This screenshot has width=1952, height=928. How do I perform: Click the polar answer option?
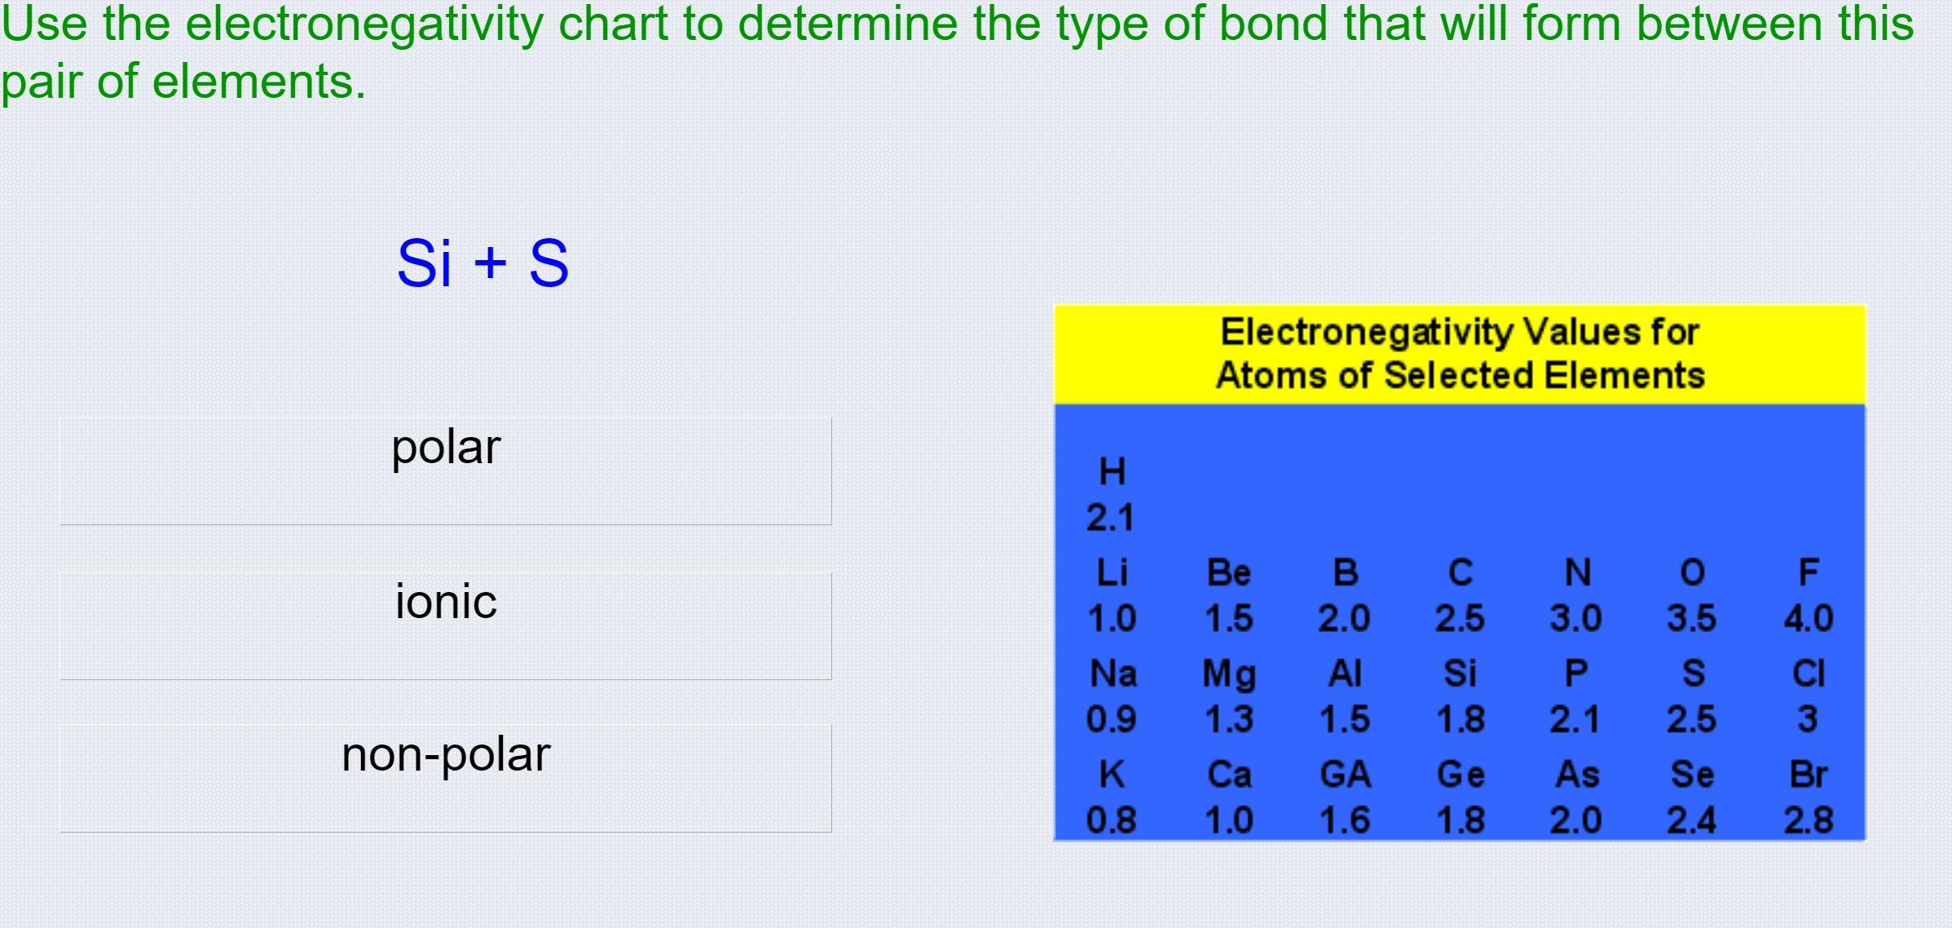tap(445, 471)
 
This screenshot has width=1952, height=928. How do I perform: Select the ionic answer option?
tap(445, 625)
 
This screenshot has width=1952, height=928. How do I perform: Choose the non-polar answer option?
tap(445, 778)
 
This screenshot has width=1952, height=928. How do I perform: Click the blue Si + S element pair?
tap(482, 263)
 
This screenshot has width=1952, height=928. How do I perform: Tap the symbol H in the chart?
tap(1113, 471)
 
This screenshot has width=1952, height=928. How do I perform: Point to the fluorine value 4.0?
tap(1808, 618)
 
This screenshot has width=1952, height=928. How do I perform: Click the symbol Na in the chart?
tap(1113, 674)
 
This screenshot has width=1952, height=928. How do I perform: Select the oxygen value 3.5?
tap(1691, 618)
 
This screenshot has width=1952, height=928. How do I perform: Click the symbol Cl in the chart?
tap(1808, 674)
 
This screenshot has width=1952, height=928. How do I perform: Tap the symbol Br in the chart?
tap(1808, 774)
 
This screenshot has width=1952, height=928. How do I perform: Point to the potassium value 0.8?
tap(1112, 820)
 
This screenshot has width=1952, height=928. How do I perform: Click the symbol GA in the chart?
tap(1345, 774)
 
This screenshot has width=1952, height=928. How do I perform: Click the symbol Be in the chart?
tap(1228, 572)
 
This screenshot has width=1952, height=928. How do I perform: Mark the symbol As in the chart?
tap(1576, 774)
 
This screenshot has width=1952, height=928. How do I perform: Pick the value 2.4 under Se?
tap(1691, 820)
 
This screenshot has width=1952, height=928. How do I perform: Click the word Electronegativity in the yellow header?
tap(1366, 333)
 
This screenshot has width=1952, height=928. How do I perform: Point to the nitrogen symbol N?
tap(1577, 572)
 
